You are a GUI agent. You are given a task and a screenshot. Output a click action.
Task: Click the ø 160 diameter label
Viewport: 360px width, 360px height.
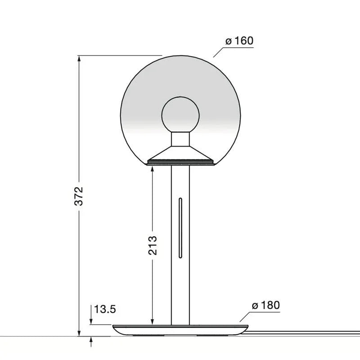point(239,41)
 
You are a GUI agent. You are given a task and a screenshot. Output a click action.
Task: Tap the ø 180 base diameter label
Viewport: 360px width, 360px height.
point(265,306)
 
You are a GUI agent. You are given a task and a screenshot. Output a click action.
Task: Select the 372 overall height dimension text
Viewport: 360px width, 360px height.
point(79,196)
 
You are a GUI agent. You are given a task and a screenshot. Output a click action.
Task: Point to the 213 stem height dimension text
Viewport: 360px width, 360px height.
point(153,245)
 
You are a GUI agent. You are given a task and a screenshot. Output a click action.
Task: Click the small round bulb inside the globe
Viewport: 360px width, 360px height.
point(180,114)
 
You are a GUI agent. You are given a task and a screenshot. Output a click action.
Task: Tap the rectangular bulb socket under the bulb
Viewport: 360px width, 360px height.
point(180,139)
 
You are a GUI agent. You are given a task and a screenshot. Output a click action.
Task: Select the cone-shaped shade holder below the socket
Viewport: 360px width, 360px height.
point(180,154)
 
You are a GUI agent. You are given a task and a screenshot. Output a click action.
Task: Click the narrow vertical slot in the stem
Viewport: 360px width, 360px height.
point(180,227)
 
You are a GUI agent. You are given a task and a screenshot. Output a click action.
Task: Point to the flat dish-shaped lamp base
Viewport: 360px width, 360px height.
point(180,330)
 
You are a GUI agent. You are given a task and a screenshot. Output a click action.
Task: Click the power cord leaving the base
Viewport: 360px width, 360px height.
point(306,333)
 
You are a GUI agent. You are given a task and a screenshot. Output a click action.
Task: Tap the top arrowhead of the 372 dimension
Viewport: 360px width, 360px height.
point(79,58)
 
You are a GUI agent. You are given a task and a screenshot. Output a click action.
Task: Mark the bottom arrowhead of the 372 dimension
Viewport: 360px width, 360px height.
point(79,333)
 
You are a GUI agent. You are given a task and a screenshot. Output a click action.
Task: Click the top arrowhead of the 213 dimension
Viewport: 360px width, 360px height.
point(153,168)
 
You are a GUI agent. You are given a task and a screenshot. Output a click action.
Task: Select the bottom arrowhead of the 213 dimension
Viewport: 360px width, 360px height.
point(153,322)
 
